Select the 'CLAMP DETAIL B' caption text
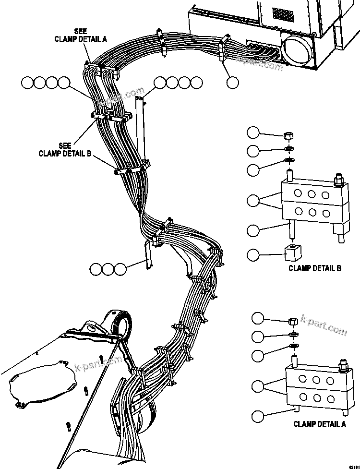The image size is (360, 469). (314, 268)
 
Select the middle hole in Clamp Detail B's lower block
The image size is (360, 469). (312, 212)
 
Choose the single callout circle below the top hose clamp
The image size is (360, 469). (233, 83)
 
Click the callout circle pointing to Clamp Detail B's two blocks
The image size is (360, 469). (253, 201)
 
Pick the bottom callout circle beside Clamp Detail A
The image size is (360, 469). (258, 416)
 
